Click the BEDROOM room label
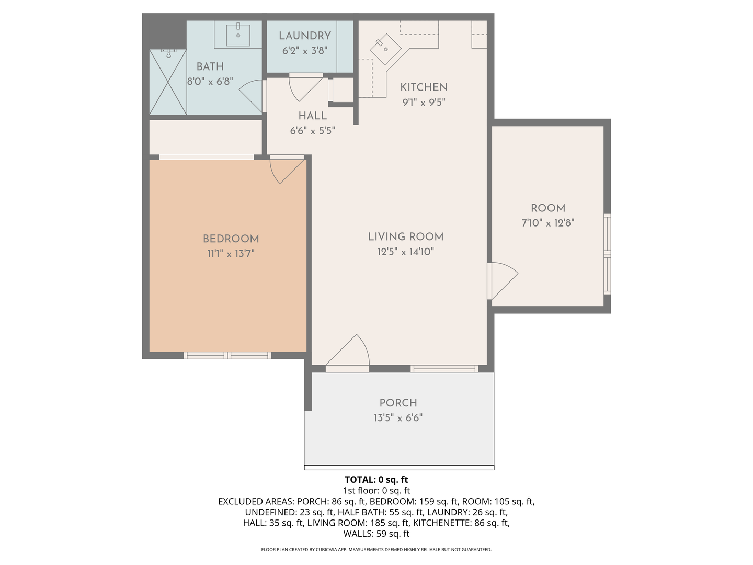(x=231, y=239)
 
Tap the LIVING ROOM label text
(x=406, y=236)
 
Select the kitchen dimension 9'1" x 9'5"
(x=424, y=102)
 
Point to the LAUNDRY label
(x=305, y=36)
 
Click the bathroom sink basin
(x=238, y=35)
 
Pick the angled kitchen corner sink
(x=386, y=49)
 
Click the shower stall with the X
(x=168, y=82)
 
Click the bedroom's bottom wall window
(x=227, y=355)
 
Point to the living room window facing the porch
(x=444, y=369)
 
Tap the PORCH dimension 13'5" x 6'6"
(x=398, y=418)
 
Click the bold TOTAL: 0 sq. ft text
(x=376, y=480)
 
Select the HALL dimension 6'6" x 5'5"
(x=313, y=131)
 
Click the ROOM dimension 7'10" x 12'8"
(x=548, y=223)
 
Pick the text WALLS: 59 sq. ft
(x=376, y=534)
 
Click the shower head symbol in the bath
(x=168, y=53)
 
